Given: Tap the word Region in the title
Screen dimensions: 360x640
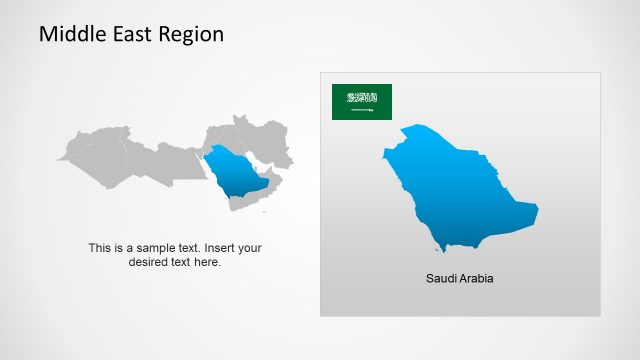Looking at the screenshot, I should pos(190,34).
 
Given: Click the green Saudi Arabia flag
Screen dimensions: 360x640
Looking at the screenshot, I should pos(362,101).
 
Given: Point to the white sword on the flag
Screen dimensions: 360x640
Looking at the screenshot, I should pos(362,110).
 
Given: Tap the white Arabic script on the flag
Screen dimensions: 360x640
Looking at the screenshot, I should pos(362,98).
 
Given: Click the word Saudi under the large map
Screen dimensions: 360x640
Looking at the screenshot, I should pos(441,278).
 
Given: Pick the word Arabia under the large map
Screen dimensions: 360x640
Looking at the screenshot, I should pos(476,278).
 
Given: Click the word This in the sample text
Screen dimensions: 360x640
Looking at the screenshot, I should pos(100,248).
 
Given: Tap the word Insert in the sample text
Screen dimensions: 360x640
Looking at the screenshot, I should pos(221,248).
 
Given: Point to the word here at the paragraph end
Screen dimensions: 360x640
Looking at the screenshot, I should pos(208,263).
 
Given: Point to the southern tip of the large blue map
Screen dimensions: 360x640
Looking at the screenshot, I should pos(441,248).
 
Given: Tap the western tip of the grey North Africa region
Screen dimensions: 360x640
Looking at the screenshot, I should pos(59,158).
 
